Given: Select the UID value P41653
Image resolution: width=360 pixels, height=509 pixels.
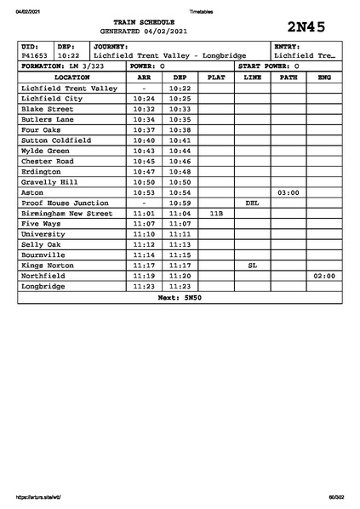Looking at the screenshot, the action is click(x=35, y=55).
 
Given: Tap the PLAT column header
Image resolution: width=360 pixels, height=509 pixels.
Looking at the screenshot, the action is click(x=216, y=77).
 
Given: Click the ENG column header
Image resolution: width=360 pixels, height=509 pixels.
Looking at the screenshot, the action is click(x=323, y=77).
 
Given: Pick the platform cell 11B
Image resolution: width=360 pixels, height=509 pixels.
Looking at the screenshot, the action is click(x=216, y=214).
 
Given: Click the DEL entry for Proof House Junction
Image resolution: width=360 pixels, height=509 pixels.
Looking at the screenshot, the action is click(x=252, y=203).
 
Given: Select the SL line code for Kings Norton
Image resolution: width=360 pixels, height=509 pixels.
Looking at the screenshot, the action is click(x=252, y=266).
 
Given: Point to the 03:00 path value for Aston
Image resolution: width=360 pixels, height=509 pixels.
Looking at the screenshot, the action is click(x=289, y=192).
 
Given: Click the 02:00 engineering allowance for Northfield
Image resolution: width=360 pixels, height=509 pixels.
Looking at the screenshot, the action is click(x=324, y=277).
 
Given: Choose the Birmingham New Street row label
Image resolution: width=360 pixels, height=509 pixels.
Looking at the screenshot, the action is click(x=66, y=214).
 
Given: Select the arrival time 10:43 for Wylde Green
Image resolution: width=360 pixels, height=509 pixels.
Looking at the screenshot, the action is click(x=144, y=151).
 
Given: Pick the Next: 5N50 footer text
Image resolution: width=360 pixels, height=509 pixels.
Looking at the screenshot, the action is click(x=180, y=298).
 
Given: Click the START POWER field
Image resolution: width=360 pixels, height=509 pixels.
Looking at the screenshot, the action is click(x=269, y=66).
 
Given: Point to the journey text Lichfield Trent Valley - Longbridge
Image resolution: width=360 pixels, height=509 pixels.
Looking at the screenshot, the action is click(x=169, y=55).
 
